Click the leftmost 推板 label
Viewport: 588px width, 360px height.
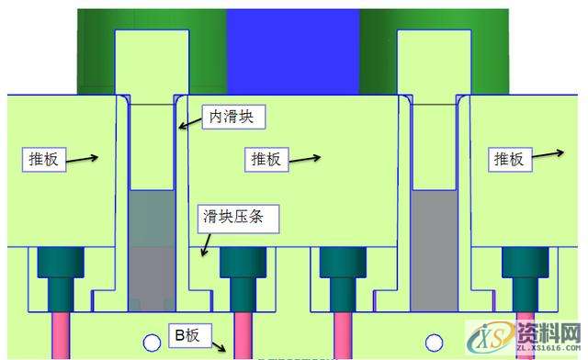coord(41,159)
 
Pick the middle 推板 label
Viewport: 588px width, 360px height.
coord(266,159)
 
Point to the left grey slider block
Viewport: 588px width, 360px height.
coord(149,248)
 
